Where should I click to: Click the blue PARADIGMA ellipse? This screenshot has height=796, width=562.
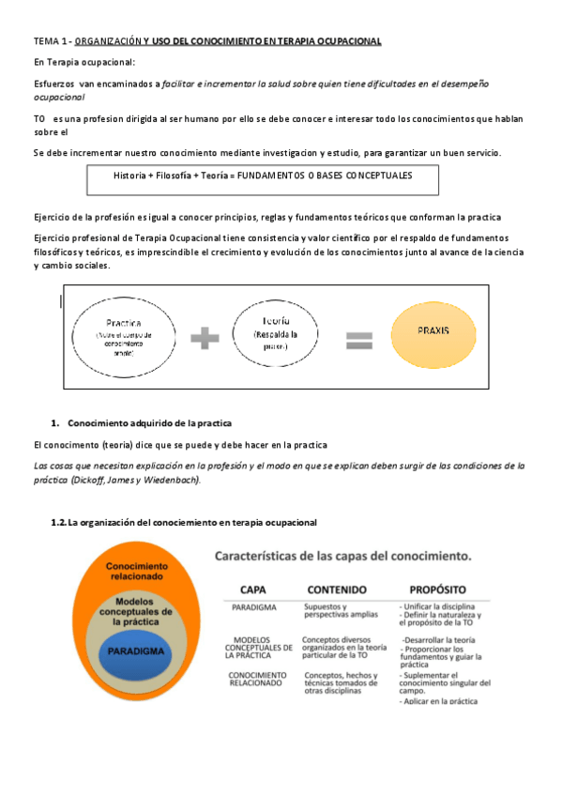pyautogui.click(x=137, y=651)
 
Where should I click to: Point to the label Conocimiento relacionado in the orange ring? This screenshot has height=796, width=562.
pyautogui.click(x=137, y=572)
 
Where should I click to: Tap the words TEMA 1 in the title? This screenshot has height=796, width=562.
pyautogui.click(x=49, y=42)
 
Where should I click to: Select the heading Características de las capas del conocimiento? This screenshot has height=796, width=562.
pyautogui.click(x=343, y=556)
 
